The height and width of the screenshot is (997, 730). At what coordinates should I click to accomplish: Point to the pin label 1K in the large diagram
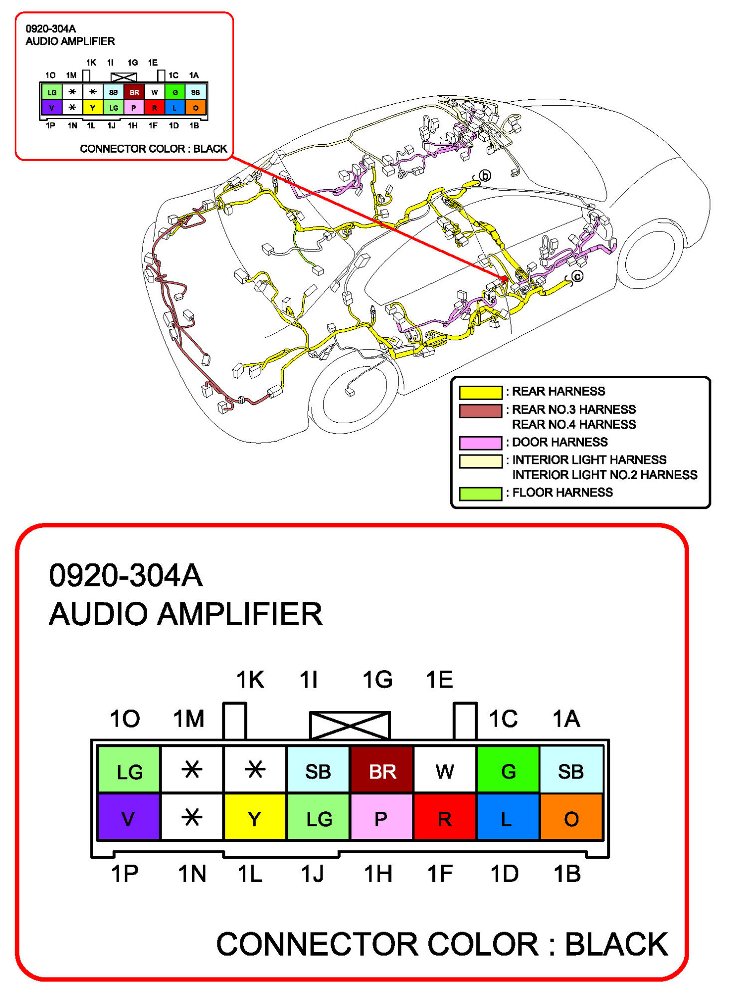point(250,679)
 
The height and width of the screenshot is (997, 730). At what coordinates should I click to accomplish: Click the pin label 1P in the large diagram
point(125,873)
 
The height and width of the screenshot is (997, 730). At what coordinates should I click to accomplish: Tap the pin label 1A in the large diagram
point(566,719)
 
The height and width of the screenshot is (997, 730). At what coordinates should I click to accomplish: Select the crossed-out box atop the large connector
point(350,725)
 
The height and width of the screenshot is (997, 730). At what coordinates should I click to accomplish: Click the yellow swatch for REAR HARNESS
point(480,392)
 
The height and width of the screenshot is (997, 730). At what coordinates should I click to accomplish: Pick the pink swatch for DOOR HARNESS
point(480,443)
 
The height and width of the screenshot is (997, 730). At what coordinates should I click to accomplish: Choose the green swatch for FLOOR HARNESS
point(480,493)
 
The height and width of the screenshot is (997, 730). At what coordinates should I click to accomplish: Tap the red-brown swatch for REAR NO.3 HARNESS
point(480,410)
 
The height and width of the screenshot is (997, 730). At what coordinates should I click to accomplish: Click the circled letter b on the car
point(485,176)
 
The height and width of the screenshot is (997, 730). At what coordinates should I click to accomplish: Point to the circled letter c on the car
point(577,276)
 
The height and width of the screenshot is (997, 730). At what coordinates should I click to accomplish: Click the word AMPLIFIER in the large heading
point(240,613)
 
